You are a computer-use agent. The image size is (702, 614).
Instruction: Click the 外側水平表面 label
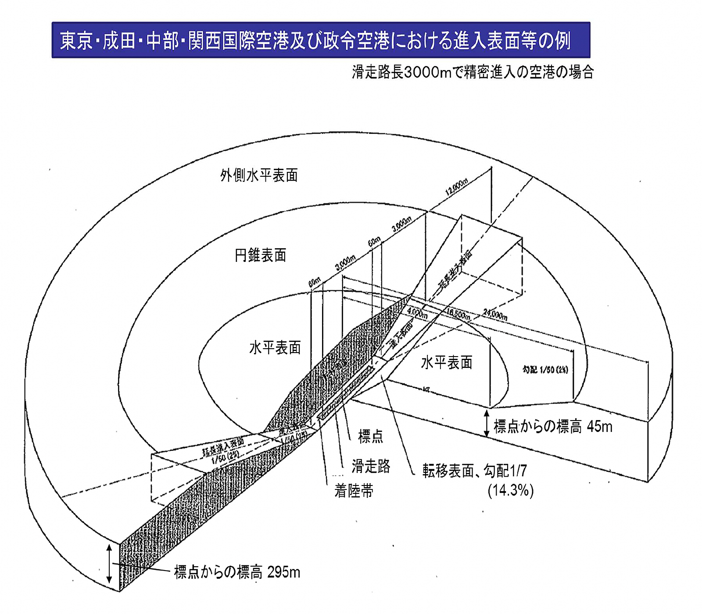pyautogui.click(x=259, y=175)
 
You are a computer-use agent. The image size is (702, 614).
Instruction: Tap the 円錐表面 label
pyautogui.click(x=261, y=255)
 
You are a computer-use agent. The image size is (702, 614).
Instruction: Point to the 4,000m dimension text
pyautogui.click(x=417, y=313)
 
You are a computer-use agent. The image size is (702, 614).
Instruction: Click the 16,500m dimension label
pyautogui.click(x=458, y=314)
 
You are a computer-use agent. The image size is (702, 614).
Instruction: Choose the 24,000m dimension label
pyautogui.click(x=495, y=314)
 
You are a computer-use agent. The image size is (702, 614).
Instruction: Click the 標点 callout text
pyautogui.click(x=370, y=436)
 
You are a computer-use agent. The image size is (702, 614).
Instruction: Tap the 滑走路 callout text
pyautogui.click(x=371, y=466)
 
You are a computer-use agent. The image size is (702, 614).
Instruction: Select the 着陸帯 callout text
pyautogui.click(x=354, y=491)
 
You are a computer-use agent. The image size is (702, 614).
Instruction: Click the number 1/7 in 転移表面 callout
pyautogui.click(x=518, y=471)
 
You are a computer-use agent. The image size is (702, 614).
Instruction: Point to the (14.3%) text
pyautogui.click(x=511, y=490)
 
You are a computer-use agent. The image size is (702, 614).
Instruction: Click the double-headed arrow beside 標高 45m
pyautogui.click(x=486, y=423)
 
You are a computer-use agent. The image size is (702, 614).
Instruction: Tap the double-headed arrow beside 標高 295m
pyautogui.click(x=109, y=564)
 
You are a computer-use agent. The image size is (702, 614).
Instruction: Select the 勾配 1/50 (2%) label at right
pyautogui.click(x=545, y=370)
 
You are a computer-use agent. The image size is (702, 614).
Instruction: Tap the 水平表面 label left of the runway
pyautogui.click(x=275, y=348)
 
